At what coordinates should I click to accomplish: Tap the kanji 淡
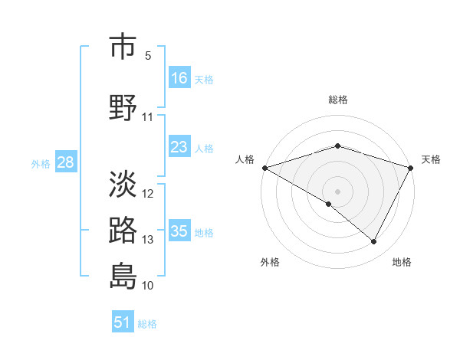pyautogui.click(x=123, y=183)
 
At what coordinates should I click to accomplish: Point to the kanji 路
pyautogui.click(x=123, y=230)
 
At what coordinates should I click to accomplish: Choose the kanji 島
pyautogui.click(x=123, y=275)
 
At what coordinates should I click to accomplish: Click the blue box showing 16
pyautogui.click(x=179, y=78)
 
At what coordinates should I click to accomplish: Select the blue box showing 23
pyautogui.click(x=179, y=147)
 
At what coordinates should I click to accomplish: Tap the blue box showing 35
pyautogui.click(x=179, y=231)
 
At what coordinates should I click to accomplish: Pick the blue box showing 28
pyautogui.click(x=65, y=162)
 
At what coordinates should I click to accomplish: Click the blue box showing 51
pyautogui.click(x=123, y=322)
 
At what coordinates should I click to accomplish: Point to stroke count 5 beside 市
pyautogui.click(x=148, y=56)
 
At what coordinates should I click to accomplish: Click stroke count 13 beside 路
pyautogui.click(x=148, y=240)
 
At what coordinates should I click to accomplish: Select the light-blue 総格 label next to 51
pyautogui.click(x=147, y=324)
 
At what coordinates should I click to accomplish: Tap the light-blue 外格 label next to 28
pyautogui.click(x=40, y=164)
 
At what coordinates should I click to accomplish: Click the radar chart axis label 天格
pyautogui.click(x=432, y=159)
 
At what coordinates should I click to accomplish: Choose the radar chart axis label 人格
pyautogui.click(x=245, y=159)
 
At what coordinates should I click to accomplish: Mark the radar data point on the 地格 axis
pyautogui.click(x=374, y=242)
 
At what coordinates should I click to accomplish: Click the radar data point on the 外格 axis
pyautogui.click(x=329, y=204)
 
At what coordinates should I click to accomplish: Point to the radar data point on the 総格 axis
pyautogui.click(x=338, y=146)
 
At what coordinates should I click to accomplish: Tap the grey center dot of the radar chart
pyautogui.click(x=338, y=191)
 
